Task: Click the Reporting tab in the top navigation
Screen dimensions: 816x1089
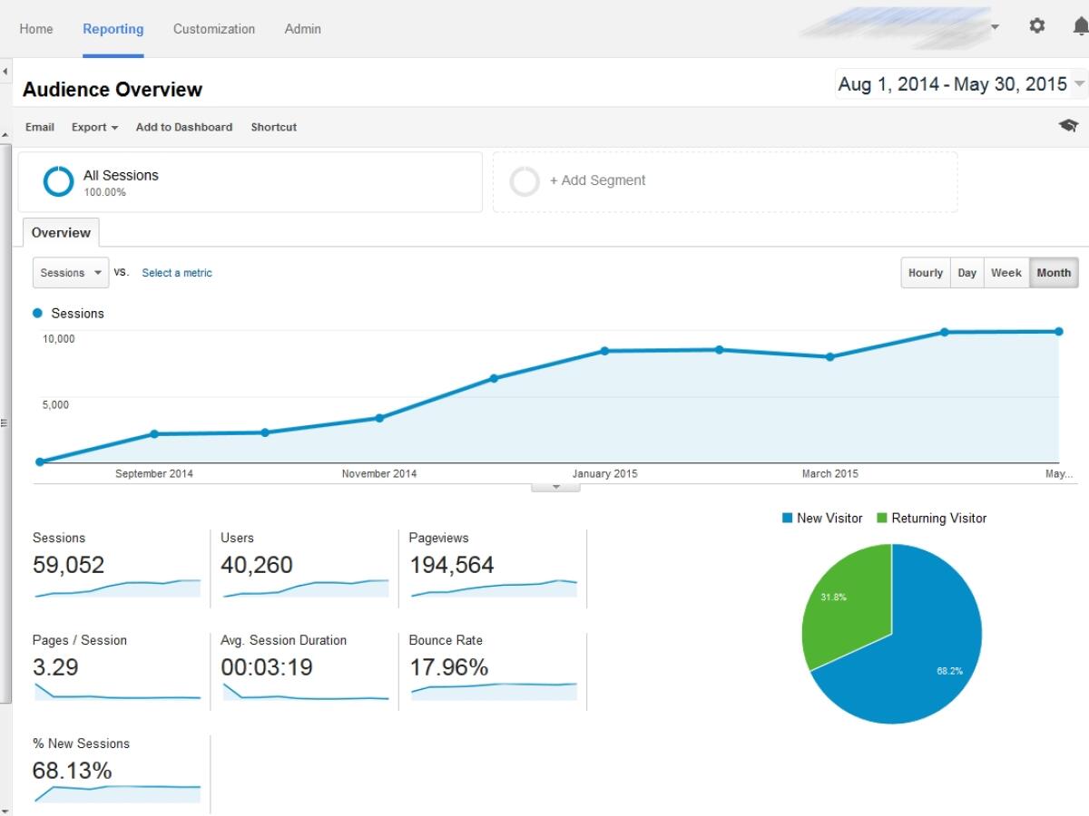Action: (x=113, y=29)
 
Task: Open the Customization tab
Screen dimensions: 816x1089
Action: (x=214, y=29)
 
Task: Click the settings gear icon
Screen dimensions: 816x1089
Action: (x=1037, y=26)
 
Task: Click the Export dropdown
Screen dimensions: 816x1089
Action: (x=94, y=127)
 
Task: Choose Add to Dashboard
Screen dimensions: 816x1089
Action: (x=184, y=127)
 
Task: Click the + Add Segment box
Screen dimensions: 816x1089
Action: (x=597, y=180)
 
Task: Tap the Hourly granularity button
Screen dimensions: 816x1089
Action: (x=925, y=273)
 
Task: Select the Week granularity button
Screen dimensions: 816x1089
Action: (x=1006, y=273)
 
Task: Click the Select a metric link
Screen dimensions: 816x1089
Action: (x=177, y=273)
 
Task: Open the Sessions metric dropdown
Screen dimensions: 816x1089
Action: (x=71, y=273)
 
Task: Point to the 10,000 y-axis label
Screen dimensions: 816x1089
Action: (x=58, y=339)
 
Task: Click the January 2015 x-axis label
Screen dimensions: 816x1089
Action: (x=604, y=473)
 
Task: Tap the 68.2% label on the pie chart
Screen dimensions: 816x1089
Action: (x=949, y=671)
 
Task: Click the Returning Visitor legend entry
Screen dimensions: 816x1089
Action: (x=931, y=519)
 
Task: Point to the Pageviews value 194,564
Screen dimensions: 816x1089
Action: (x=451, y=565)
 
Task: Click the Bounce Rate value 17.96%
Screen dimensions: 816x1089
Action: (x=448, y=667)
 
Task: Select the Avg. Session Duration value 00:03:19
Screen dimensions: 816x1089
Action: (x=267, y=667)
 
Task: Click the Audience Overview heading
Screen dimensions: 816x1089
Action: (x=113, y=90)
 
